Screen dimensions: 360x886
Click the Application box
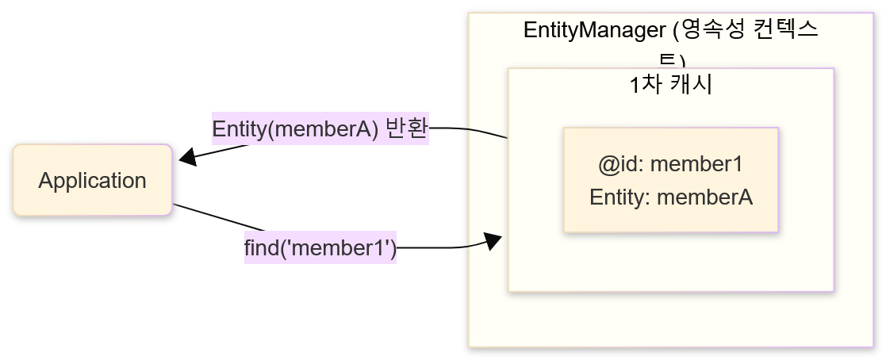coord(92,180)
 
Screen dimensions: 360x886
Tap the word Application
coord(92,181)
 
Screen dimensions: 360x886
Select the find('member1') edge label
coord(320,248)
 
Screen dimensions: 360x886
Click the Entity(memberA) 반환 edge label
coord(320,128)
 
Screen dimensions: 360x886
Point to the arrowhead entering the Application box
coord(187,157)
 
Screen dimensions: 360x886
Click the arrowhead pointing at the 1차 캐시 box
coord(493,241)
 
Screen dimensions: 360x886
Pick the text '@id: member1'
coord(670,165)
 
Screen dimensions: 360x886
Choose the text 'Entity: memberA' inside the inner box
coord(670,197)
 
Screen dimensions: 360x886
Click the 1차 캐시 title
coord(670,84)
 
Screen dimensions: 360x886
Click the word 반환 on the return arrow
coord(406,128)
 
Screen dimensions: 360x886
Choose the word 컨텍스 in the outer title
coord(790,31)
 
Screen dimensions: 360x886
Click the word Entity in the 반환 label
coord(237,128)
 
